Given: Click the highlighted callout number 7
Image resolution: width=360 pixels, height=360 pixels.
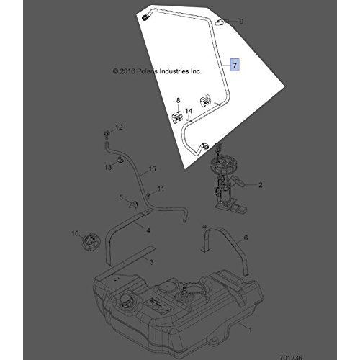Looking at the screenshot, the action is [x=235, y=65].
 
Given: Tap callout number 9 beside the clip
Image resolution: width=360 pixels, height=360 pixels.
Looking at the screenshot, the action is [x=241, y=22].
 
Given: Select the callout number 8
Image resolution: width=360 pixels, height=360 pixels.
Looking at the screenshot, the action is [x=178, y=100].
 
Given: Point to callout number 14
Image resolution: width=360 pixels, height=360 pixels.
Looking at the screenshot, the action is [x=189, y=111].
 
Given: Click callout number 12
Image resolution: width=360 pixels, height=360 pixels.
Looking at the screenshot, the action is [x=119, y=127].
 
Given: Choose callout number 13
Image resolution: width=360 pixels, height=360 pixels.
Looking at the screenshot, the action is [x=108, y=167].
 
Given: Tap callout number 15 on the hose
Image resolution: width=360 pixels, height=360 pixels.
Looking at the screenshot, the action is [x=153, y=169].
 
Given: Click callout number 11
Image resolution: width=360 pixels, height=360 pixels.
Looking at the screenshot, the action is [x=161, y=189].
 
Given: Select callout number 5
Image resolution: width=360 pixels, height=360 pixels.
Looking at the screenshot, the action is [x=121, y=197].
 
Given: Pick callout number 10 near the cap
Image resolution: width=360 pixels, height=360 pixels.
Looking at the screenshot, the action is [x=75, y=233].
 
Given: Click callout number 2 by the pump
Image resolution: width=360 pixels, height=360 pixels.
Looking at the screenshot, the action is [x=260, y=185].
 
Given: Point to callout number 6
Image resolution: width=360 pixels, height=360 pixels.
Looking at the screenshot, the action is [x=246, y=238].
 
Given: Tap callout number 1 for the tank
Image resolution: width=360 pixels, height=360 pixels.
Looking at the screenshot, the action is [x=251, y=330].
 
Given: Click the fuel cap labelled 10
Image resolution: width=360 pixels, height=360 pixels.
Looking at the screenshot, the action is [x=90, y=242].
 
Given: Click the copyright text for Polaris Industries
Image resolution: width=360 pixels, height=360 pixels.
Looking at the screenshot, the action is [x=157, y=71].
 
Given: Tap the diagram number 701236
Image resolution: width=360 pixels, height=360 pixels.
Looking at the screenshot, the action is [x=290, y=357].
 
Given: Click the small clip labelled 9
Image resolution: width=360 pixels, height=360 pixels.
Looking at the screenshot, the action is [x=221, y=22].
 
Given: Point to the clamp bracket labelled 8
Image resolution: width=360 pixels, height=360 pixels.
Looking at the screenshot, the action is [x=178, y=117].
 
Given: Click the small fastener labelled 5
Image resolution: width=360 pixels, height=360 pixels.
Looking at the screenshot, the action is [x=134, y=204].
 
